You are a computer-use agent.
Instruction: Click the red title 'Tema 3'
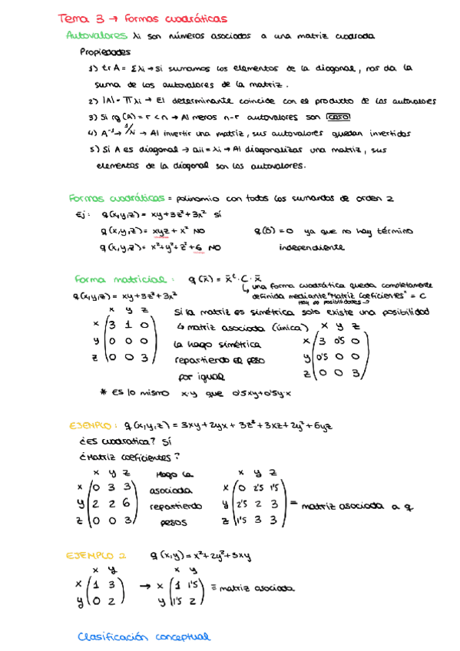78,18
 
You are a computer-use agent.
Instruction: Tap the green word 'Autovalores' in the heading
97,35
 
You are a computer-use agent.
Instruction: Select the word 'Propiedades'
105,53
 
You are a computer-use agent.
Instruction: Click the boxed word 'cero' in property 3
336,117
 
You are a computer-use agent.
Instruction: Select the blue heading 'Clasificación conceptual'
143,636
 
